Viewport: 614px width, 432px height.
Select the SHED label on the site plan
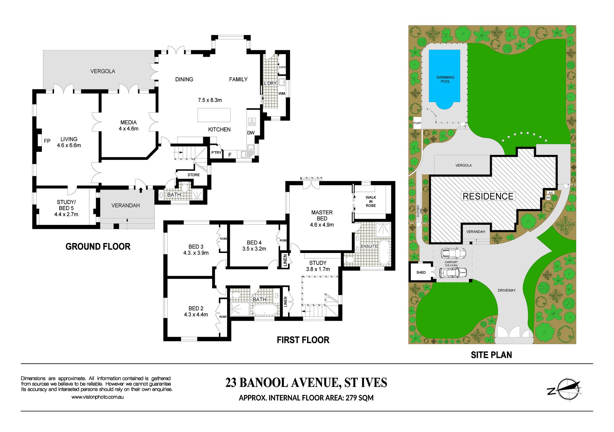pyautogui.click(x=421, y=272)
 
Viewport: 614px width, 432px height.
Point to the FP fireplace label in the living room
pyautogui.click(x=47, y=141)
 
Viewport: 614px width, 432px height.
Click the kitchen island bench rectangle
pyautogui.click(x=214, y=115)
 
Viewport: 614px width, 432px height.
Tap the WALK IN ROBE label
pyautogui.click(x=371, y=201)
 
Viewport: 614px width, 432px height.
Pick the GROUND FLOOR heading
pyautogui.click(x=98, y=247)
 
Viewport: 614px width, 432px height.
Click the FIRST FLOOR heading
pyautogui.click(x=303, y=340)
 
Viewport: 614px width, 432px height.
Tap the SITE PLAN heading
pyautogui.click(x=492, y=355)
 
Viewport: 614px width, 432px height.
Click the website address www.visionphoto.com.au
pyautogui.click(x=98, y=397)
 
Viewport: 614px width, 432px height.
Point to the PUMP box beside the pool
pyautogui.click(x=417, y=123)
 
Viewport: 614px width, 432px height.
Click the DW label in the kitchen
pyautogui.click(x=251, y=133)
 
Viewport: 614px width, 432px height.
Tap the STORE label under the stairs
pyautogui.click(x=193, y=175)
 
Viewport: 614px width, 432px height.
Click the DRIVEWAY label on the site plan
pyautogui.click(x=507, y=290)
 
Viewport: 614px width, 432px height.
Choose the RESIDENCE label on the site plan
pyautogui.click(x=488, y=196)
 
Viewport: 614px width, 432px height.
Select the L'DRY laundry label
pyautogui.click(x=270, y=83)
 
